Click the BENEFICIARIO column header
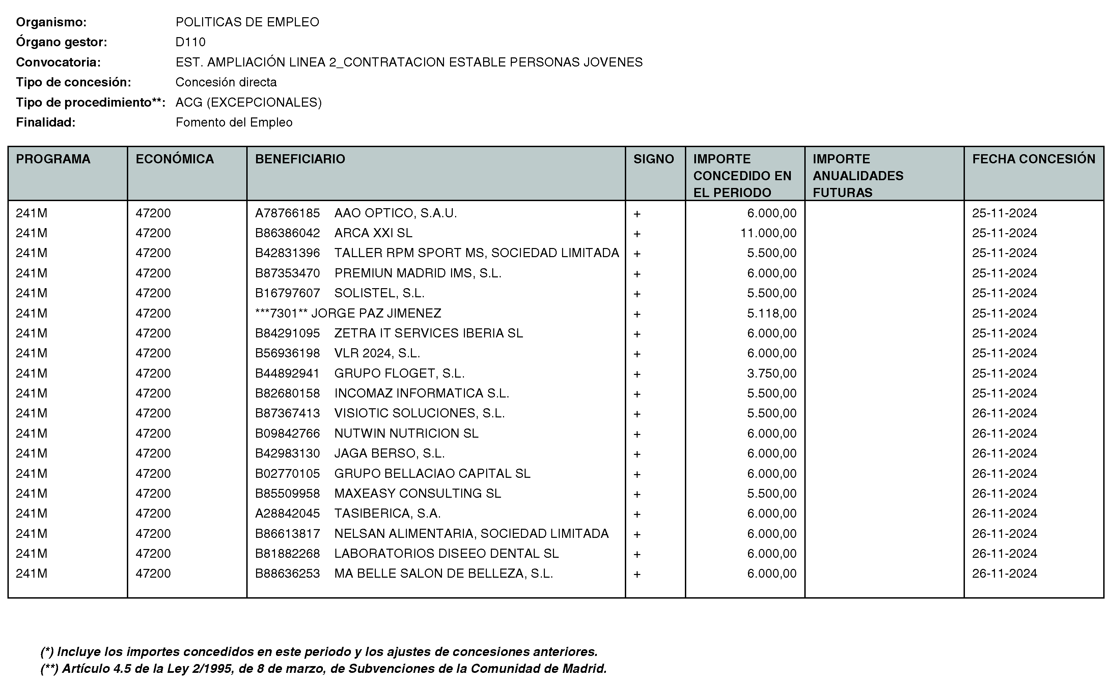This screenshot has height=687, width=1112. tap(300, 159)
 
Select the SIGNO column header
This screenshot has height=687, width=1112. tap(653, 159)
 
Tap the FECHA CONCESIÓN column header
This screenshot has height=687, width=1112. tap(1033, 159)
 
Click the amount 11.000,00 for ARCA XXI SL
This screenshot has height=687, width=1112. tap(768, 233)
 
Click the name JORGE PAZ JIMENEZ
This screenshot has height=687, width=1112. tap(376, 313)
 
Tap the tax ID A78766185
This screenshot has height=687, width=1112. tap(287, 213)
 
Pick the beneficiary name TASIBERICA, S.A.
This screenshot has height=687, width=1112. tap(387, 514)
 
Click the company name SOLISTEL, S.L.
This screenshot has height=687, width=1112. tap(379, 293)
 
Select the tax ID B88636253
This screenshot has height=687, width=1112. tap(287, 573)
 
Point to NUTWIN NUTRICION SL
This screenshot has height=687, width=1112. tap(406, 434)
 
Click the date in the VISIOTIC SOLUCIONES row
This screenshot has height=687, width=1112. tap(1004, 413)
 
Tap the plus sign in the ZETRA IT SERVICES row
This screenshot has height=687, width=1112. tap(637, 334)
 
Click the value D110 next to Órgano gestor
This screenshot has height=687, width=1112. tap(190, 42)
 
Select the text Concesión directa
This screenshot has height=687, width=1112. tap(226, 82)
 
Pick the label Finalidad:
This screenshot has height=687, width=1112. tap(46, 122)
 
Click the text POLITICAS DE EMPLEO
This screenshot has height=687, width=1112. tap(247, 22)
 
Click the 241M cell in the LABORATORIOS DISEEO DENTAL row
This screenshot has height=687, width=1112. tap(31, 553)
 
